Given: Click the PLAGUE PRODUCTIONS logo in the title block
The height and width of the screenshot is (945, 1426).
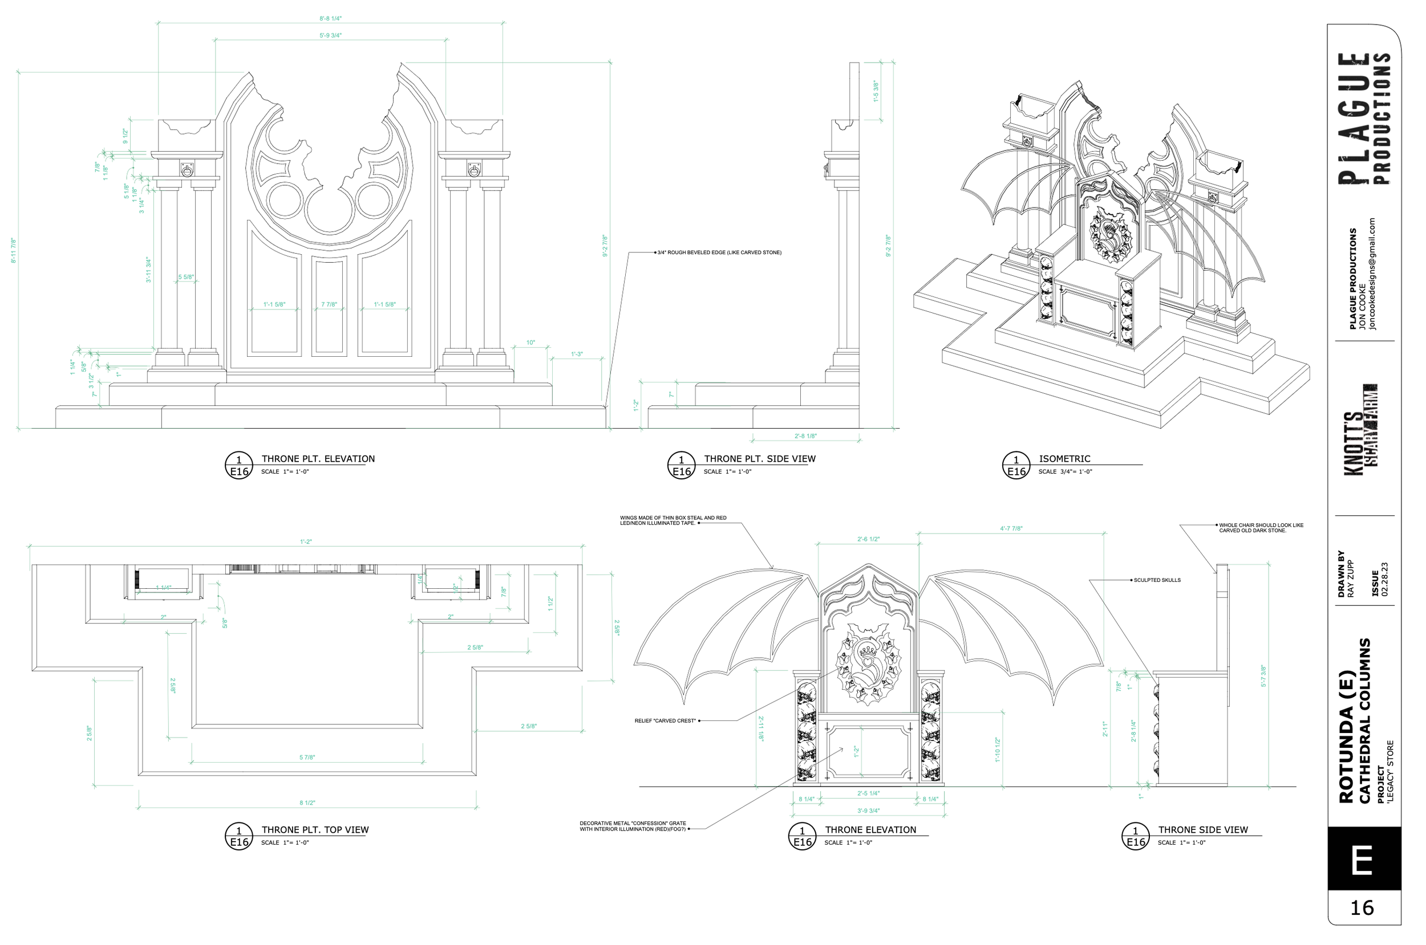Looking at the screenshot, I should (x=1364, y=118).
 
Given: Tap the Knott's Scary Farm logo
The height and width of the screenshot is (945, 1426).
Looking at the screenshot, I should (x=1360, y=429).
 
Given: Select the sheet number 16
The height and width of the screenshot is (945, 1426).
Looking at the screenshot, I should (x=1362, y=907).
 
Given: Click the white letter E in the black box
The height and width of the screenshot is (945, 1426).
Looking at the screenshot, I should (x=1363, y=860).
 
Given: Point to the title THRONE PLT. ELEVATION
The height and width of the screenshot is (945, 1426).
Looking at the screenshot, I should (x=318, y=459).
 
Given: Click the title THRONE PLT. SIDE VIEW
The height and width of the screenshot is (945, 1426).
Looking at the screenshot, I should (x=759, y=459).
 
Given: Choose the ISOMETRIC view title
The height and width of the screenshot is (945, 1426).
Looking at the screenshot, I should (x=1064, y=459).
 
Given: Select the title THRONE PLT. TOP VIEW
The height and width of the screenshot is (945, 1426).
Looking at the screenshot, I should (x=315, y=830).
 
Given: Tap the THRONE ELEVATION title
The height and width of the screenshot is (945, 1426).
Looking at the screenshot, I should (x=870, y=830).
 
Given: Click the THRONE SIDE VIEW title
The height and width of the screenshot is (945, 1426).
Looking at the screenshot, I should (x=1202, y=830).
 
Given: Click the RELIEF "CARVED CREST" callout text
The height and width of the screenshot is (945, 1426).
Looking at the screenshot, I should (x=665, y=721).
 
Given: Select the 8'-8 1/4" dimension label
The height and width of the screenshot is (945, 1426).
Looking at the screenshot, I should (x=330, y=19).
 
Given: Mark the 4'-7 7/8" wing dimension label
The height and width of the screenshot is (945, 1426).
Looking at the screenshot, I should (x=1011, y=528).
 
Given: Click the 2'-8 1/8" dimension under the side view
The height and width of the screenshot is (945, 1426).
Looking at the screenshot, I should (x=805, y=435).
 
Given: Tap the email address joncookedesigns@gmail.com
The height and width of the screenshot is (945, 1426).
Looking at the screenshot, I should (x=1372, y=274).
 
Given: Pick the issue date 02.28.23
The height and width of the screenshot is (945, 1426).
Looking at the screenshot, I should (x=1384, y=579).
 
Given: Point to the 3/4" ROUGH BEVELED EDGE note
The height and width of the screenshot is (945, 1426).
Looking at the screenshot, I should (x=719, y=252).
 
